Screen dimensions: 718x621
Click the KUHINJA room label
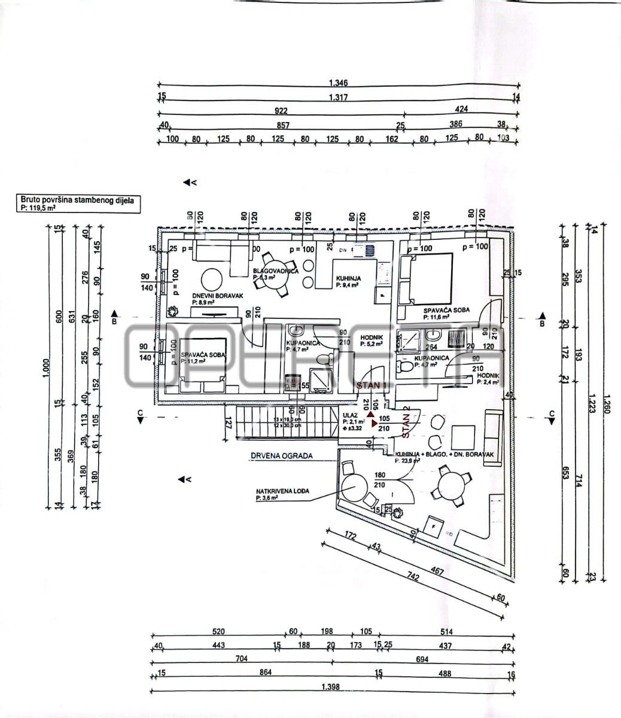[x=346, y=278]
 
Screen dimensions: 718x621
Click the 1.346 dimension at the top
[x=338, y=83]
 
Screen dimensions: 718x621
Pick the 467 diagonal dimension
[x=437, y=572]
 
